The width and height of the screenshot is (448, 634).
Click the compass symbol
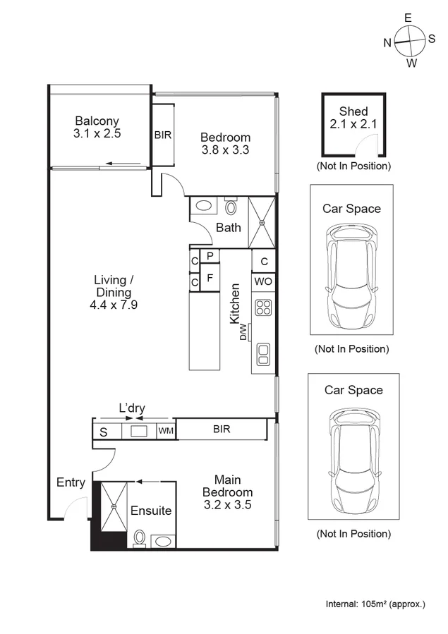[409, 42]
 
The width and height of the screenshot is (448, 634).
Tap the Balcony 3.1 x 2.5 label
[97, 126]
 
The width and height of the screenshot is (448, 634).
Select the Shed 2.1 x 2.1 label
[353, 118]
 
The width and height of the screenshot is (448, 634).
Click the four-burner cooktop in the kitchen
[263, 307]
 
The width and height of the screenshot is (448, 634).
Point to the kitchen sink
[263, 352]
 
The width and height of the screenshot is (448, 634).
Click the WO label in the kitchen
[263, 281]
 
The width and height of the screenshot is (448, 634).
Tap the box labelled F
[210, 279]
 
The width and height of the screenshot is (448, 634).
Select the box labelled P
[210, 256]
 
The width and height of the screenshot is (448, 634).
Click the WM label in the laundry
[165, 430]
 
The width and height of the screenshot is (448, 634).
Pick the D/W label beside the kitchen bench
[243, 331]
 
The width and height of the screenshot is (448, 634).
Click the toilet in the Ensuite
[140, 538]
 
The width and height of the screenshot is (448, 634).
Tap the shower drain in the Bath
[262, 223]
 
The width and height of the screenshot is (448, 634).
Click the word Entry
[71, 482]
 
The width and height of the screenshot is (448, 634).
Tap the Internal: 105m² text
[375, 604]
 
